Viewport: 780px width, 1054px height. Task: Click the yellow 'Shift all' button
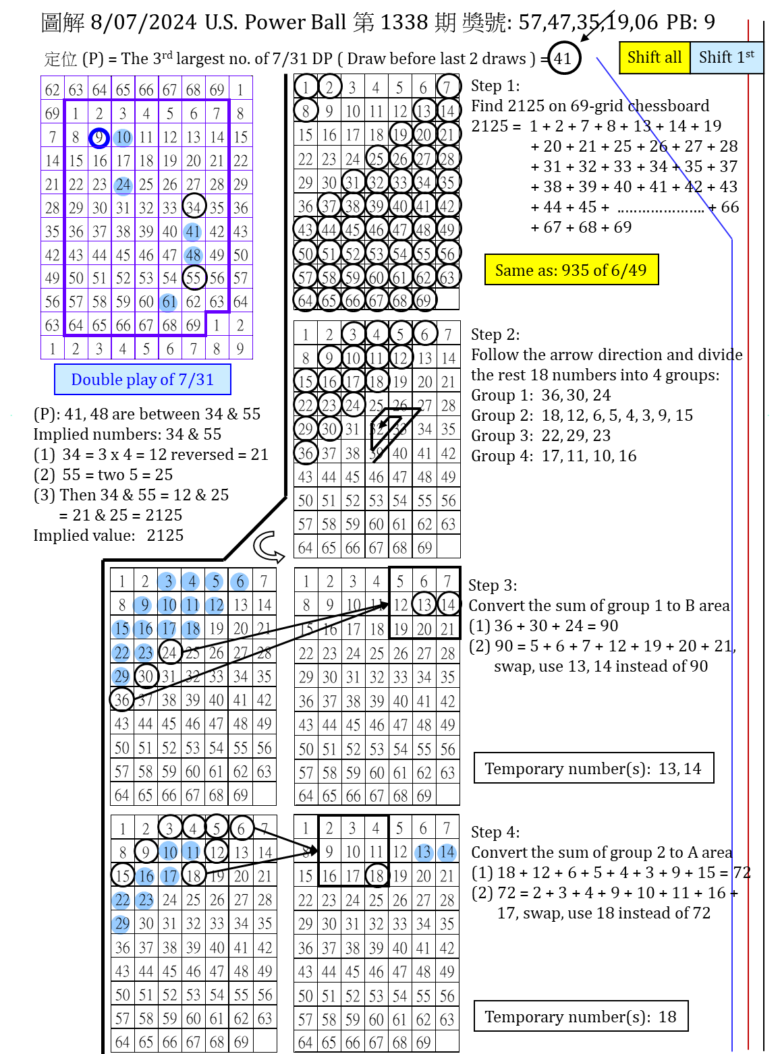[654, 57]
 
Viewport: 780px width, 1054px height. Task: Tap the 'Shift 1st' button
[726, 57]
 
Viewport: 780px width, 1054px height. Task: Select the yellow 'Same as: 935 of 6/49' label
[571, 270]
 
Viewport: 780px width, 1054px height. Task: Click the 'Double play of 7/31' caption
[142, 380]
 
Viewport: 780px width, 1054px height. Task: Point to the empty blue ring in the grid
[99, 138]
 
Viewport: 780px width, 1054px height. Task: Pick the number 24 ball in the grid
[123, 185]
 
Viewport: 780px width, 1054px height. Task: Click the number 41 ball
[193, 232]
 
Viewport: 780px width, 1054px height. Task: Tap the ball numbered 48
[193, 256]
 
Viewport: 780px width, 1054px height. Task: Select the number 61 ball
[169, 302]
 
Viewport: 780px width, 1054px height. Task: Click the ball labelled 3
[167, 581]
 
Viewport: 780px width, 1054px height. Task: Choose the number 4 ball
[191, 581]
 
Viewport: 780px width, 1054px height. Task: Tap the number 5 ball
[215, 581]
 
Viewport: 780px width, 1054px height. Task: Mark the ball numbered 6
[240, 581]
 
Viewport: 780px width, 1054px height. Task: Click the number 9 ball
[142, 605]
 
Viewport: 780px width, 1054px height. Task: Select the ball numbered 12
[215, 606]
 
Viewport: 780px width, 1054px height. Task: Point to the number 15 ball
[121, 629]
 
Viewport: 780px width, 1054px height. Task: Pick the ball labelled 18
[191, 629]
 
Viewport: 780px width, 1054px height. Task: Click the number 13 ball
[423, 852]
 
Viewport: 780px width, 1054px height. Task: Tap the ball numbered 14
[447, 852]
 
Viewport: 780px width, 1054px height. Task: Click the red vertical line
[748, 539]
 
